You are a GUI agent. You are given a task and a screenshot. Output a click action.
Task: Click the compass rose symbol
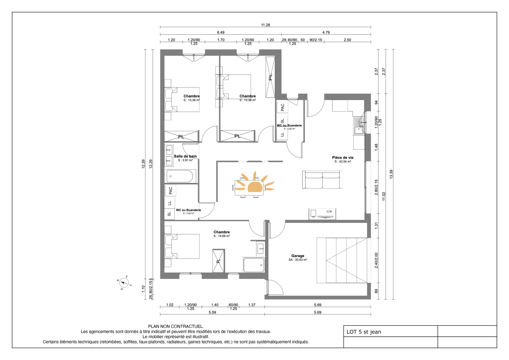[x=124, y=283]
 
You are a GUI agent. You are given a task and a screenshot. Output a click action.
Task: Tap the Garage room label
[x=298, y=256]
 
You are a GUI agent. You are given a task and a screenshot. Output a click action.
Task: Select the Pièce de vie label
[x=343, y=157]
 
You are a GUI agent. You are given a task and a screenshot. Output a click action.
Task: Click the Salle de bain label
[x=185, y=156]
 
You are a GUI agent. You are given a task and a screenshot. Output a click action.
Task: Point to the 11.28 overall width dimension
[x=265, y=25]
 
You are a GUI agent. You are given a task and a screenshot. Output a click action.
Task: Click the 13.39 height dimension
[x=391, y=174]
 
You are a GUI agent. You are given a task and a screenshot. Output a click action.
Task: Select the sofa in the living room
[x=322, y=180]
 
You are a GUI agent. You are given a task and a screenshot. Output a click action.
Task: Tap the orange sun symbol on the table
[x=254, y=183]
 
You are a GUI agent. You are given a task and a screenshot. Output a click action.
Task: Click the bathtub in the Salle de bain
[x=180, y=176]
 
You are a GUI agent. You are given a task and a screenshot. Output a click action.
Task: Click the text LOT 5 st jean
[x=364, y=332]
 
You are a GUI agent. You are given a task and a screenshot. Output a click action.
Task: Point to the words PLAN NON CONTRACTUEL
[x=176, y=326]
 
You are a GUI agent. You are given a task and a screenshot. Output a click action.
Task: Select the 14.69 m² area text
[x=221, y=236]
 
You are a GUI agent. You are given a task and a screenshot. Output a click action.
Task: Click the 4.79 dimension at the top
[x=326, y=32]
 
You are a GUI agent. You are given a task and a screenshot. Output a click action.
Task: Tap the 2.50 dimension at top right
[x=347, y=40]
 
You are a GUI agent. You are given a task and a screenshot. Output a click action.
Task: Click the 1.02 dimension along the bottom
[x=170, y=305]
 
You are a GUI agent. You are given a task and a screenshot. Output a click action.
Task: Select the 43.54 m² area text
[x=343, y=161]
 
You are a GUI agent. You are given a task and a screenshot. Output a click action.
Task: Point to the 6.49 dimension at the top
[x=221, y=32]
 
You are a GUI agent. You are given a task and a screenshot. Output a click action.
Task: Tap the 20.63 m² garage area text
[x=298, y=260]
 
